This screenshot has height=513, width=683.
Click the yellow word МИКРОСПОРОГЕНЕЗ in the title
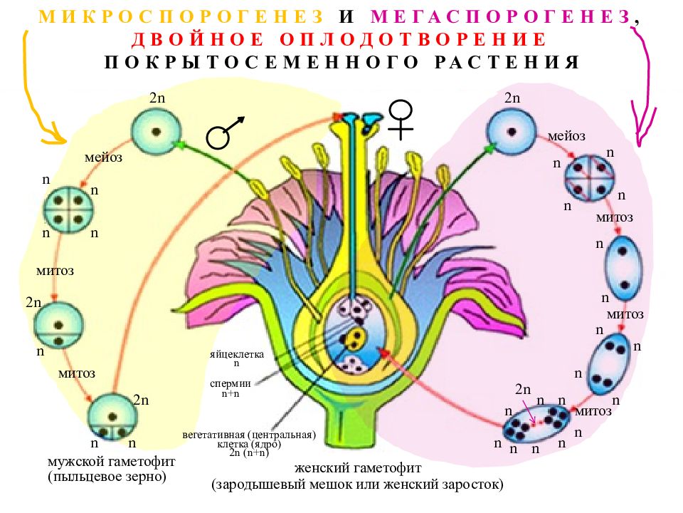coord(181,16)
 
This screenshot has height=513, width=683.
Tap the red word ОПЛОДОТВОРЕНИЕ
coord(413,39)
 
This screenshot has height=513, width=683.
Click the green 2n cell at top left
coord(157,131)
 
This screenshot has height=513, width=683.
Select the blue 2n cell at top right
coord(512,131)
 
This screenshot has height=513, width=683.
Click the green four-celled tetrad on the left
coord(69,209)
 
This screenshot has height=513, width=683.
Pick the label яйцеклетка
coord(236,354)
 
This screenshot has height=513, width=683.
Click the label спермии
coord(230,383)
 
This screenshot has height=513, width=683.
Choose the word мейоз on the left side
coord(103,157)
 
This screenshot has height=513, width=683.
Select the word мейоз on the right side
coord(566,136)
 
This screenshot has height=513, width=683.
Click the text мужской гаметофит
coord(111,461)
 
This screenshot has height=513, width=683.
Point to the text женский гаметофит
coord(358,468)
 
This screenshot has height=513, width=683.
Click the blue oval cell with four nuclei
coord(609,365)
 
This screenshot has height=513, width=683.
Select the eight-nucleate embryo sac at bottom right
coord(536,423)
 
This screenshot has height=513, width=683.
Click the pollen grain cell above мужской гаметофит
coord(112,418)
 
